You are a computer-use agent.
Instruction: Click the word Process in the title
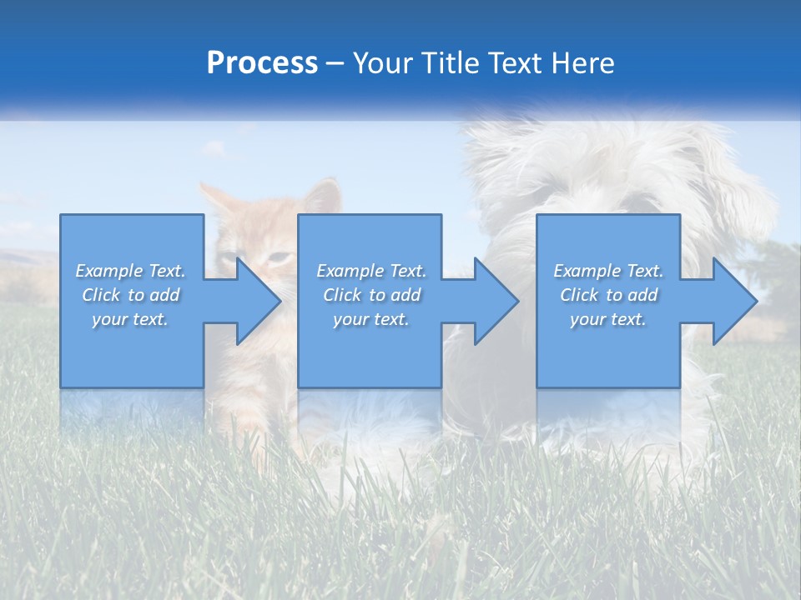tap(262, 63)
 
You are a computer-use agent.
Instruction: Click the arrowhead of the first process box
tap(255, 301)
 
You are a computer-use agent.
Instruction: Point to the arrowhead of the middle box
tap(493, 301)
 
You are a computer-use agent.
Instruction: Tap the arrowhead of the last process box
tap(732, 301)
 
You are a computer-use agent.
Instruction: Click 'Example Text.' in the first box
tap(131, 271)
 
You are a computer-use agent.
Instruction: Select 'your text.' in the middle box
tap(371, 319)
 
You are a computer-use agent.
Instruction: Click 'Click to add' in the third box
tap(608, 295)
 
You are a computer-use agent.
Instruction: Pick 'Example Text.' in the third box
tap(608, 271)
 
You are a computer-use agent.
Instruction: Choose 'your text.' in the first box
tap(131, 319)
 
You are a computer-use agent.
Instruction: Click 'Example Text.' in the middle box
tap(371, 271)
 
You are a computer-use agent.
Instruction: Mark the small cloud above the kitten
tap(214, 148)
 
